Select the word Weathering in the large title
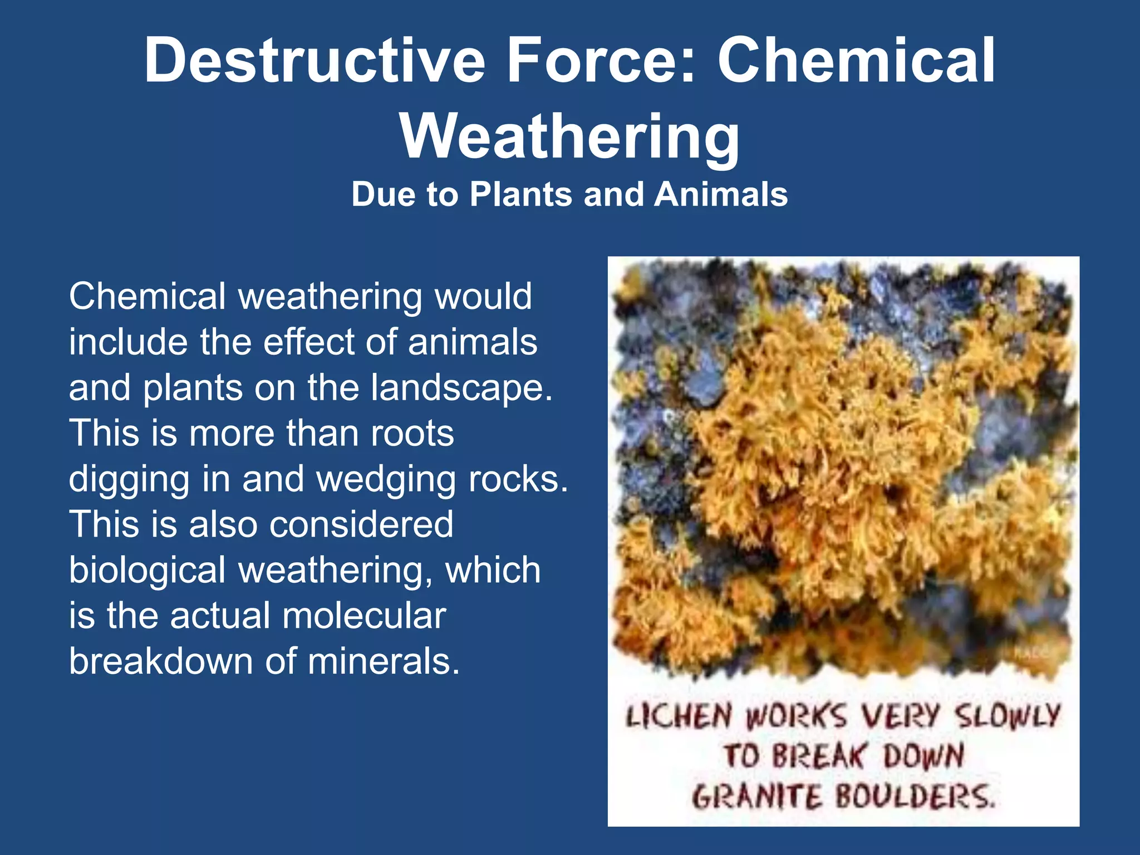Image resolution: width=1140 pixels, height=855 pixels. (x=570, y=136)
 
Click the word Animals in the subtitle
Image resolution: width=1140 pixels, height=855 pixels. (x=721, y=194)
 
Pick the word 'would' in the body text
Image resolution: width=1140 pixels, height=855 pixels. (x=483, y=296)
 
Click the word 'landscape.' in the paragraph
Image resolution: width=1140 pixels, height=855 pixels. (x=462, y=387)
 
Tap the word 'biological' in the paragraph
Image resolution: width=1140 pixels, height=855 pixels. (x=147, y=570)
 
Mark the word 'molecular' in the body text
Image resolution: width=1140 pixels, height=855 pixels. (x=364, y=616)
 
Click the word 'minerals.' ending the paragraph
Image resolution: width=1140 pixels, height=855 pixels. (x=384, y=661)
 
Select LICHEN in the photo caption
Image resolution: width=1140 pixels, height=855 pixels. (x=679, y=716)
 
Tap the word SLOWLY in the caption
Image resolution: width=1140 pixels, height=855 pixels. (x=1008, y=716)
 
